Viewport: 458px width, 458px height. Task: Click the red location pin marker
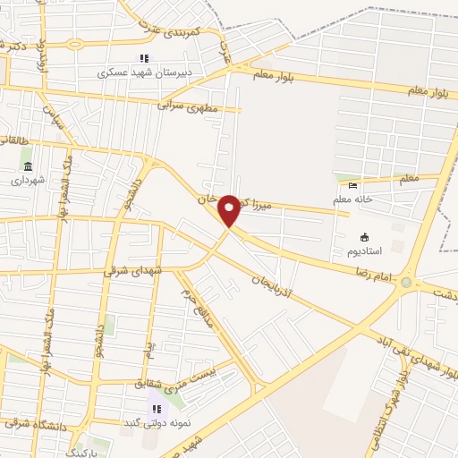click(230, 210)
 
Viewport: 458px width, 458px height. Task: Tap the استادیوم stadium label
click(364, 251)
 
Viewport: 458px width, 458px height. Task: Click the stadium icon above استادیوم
click(364, 237)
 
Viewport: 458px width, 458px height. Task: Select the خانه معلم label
click(353, 199)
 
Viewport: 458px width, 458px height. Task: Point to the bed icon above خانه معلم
click(353, 185)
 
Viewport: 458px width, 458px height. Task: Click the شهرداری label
click(28, 180)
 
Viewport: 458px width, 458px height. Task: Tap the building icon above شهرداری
click(28, 166)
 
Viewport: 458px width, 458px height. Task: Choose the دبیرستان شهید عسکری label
click(143, 73)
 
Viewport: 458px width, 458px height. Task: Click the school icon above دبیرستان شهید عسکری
click(143, 59)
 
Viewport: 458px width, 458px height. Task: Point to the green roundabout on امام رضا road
click(407, 283)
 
